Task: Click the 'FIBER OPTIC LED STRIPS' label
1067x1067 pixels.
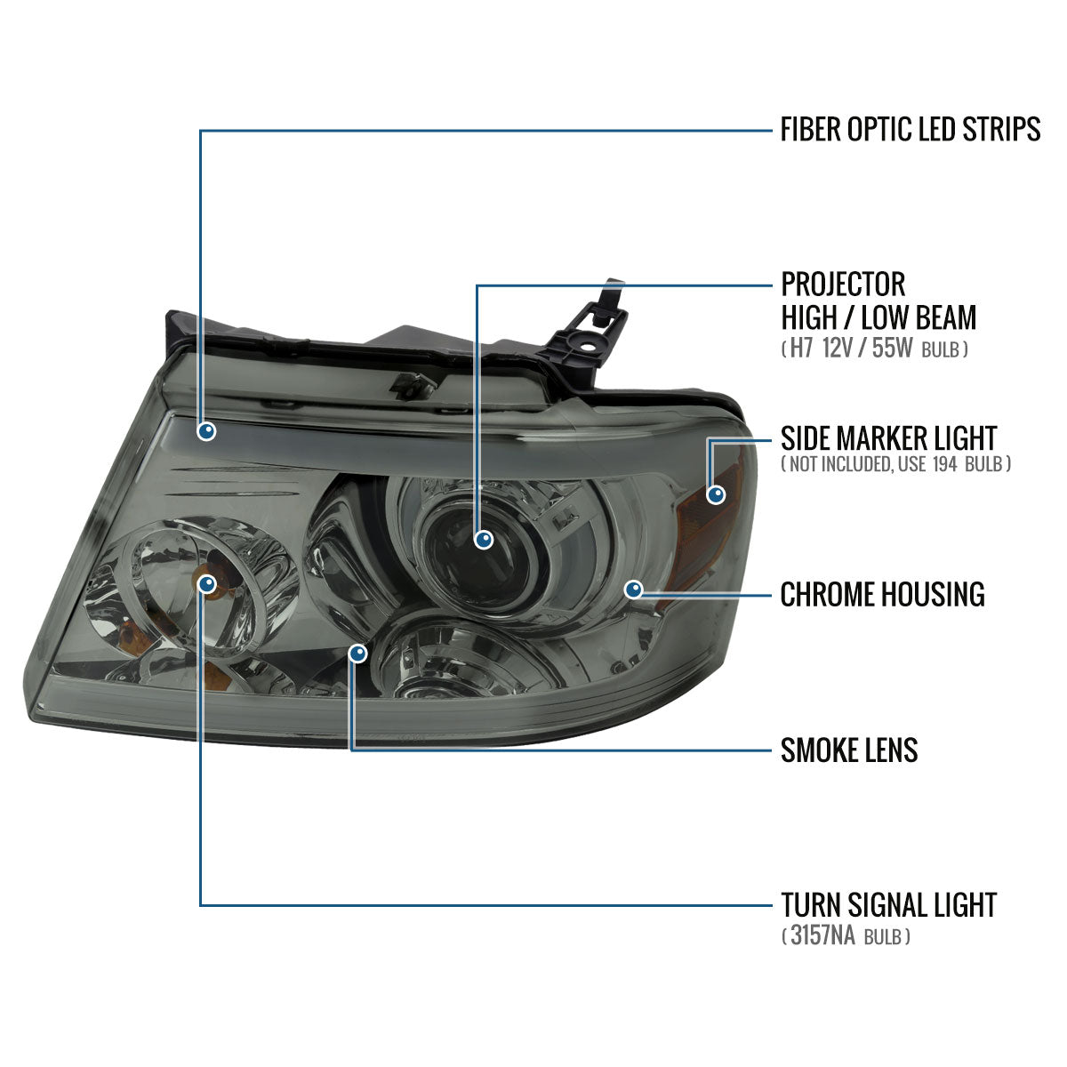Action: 910,130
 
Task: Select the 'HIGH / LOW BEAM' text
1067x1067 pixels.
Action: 878,317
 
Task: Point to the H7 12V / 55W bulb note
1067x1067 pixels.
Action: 875,349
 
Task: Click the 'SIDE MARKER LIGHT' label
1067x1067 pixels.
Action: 888,437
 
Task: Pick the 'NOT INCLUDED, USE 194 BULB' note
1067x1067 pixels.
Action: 895,464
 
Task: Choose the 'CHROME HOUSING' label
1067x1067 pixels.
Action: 882,594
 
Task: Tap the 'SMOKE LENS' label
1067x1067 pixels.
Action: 848,750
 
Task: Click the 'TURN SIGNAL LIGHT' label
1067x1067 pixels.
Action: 888,905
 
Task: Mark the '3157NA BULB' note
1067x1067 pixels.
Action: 846,935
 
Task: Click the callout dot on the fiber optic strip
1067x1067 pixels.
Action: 207,432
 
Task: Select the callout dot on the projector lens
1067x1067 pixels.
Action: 484,539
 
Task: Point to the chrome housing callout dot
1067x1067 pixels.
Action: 633,589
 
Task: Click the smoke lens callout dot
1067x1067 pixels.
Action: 357,654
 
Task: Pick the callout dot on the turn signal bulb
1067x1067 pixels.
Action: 207,584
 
